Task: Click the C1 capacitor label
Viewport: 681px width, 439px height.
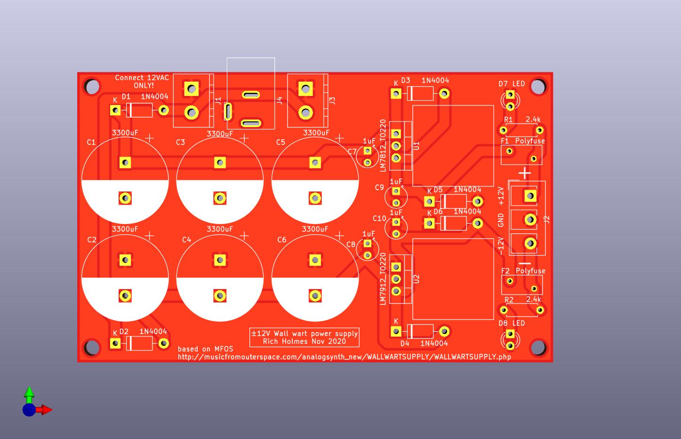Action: coord(91,142)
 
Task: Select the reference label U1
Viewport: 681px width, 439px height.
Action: coord(416,146)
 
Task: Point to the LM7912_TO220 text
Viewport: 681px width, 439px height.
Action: coord(383,279)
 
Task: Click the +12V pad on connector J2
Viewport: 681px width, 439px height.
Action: coord(530,195)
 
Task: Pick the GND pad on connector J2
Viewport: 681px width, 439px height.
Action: coord(530,219)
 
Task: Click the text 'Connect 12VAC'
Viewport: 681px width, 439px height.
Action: coord(142,78)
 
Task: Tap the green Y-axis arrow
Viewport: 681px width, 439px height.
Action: coord(29,393)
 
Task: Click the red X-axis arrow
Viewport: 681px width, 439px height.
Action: coord(46,410)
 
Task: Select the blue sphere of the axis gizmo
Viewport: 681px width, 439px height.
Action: coord(29,410)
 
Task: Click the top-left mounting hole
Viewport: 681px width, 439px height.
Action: coord(92,87)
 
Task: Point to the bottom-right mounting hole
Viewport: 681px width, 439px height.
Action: coord(538,347)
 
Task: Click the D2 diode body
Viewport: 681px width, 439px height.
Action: coord(140,343)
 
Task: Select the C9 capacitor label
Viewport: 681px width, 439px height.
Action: coord(379,188)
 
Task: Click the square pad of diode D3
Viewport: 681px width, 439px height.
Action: coord(396,94)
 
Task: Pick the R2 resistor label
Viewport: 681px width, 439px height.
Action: coord(509,300)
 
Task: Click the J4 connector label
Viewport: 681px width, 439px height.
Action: coord(280,100)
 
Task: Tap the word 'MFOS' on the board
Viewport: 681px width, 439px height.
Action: coord(224,349)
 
